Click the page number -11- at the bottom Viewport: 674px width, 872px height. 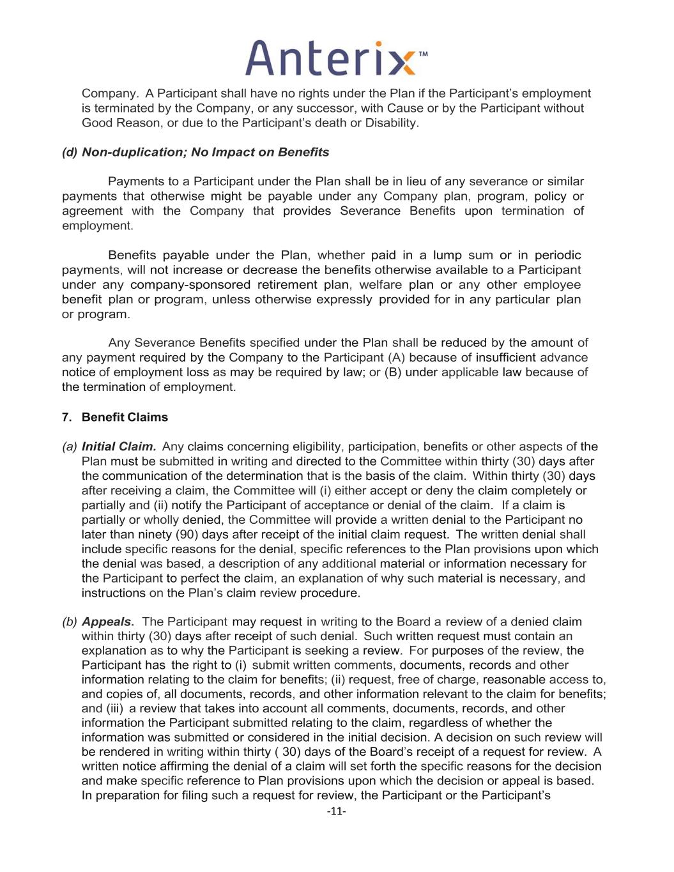[336, 811]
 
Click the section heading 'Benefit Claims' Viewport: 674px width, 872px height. [125, 417]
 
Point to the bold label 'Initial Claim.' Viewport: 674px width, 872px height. [119, 447]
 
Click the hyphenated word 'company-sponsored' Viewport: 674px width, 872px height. [190, 285]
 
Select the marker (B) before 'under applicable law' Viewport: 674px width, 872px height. [393, 372]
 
